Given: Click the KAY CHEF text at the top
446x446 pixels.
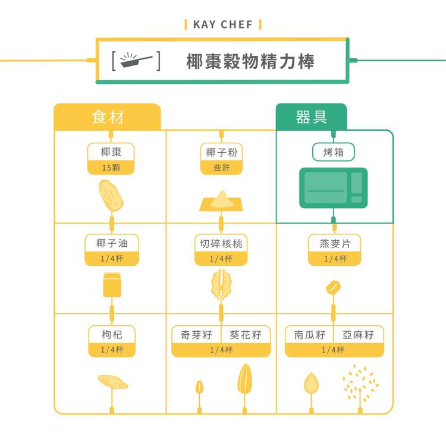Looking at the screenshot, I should click(223, 24).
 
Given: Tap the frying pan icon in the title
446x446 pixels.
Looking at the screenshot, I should click(136, 61).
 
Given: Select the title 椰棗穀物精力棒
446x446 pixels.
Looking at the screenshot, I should click(250, 61).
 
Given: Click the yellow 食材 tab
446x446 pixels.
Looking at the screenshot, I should click(108, 117).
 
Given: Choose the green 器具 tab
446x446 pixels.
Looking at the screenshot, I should click(311, 117).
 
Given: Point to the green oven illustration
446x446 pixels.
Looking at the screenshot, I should click(333, 188).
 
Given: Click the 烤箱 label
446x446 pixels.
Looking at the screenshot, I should click(334, 152).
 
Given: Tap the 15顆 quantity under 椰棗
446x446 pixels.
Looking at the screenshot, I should click(111, 168).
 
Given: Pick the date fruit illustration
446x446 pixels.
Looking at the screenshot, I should click(111, 196).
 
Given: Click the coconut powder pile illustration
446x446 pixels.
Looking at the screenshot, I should click(221, 201).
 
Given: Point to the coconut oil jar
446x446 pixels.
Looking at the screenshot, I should click(112, 284).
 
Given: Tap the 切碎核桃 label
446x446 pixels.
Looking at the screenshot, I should click(221, 243).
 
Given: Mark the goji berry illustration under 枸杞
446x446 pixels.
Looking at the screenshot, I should click(112, 381).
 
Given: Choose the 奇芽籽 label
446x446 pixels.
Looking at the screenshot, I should click(196, 335).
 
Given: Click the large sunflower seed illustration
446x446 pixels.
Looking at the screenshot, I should click(244, 380).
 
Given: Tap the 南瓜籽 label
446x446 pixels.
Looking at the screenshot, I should click(310, 335).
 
